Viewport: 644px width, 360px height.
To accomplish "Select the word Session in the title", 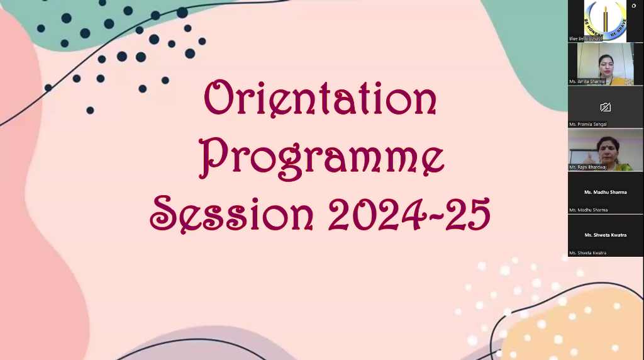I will (x=231, y=213).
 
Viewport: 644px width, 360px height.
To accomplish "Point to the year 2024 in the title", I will (x=373, y=214).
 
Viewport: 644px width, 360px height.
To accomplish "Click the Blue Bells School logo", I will (x=605, y=19).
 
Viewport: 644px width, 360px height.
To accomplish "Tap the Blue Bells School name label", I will (x=586, y=38).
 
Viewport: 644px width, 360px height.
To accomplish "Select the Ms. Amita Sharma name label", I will (x=587, y=82).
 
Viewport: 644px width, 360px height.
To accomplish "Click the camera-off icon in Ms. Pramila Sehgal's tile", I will (x=606, y=107).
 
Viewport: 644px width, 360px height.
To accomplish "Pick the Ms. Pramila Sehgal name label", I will (x=588, y=124).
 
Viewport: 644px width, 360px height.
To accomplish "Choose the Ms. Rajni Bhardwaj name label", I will (x=589, y=167).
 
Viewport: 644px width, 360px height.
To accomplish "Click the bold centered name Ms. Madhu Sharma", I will (x=605, y=192).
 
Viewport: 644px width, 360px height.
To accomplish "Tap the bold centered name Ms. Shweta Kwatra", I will (x=605, y=235).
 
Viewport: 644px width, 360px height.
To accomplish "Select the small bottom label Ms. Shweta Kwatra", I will (x=587, y=252).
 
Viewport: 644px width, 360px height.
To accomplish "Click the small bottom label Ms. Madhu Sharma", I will (x=588, y=210).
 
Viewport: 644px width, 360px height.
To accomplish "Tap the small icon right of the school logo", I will (x=633, y=6).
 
